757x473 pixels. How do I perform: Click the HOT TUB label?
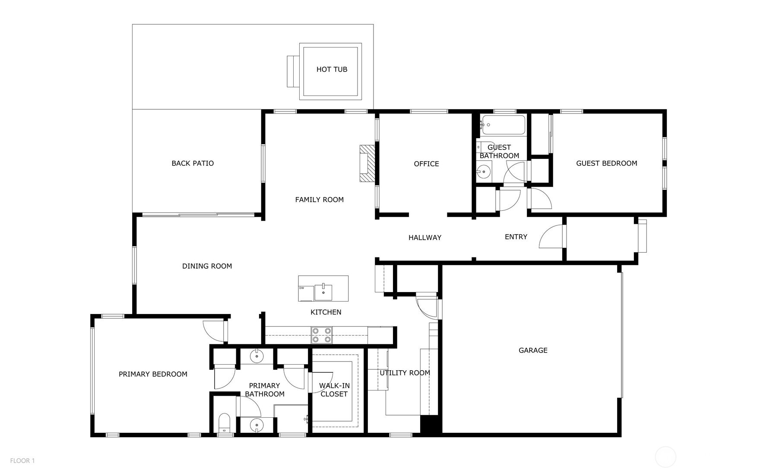332,69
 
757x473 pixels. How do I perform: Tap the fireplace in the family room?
367,163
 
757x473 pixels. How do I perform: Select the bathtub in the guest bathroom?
503,125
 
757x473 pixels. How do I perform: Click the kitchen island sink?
323,292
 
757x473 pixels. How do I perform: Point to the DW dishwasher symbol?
306,293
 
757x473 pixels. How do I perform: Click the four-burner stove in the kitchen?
322,335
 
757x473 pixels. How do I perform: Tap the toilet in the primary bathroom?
225,423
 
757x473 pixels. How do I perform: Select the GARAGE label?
533,350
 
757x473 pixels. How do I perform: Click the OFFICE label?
426,164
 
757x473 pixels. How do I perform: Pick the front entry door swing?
552,238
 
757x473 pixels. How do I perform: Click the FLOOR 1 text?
22,461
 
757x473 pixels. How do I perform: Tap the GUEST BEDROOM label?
606,163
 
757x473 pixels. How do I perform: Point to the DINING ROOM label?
207,266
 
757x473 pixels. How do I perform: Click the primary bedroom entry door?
215,330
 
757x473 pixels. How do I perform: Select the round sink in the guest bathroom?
484,172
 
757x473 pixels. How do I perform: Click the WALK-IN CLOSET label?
334,390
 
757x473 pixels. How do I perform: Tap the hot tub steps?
293,71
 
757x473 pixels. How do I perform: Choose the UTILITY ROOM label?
405,373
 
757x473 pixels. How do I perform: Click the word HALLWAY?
425,238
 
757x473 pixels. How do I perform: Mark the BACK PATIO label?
193,163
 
